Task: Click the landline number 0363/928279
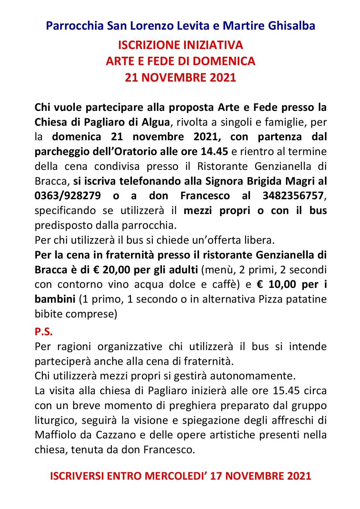point(67,196)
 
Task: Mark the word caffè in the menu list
point(227,284)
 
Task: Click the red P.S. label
point(44,331)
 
